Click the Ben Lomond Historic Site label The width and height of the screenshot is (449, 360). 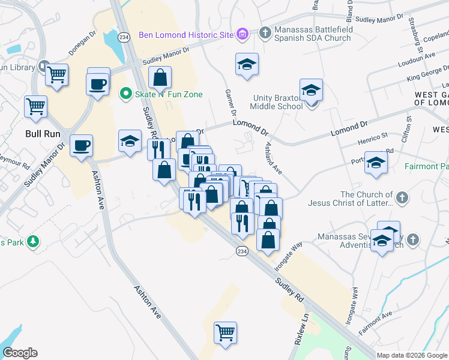pyautogui.click(x=185, y=35)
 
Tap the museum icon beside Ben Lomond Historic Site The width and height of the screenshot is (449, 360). pyautogui.click(x=242, y=34)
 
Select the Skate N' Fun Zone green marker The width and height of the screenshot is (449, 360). pyautogui.click(x=125, y=94)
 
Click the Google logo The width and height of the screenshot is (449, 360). pyautogui.click(x=20, y=353)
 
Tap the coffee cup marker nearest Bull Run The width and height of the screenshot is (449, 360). pyautogui.click(x=81, y=145)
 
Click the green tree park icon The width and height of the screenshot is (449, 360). pyautogui.click(x=34, y=242)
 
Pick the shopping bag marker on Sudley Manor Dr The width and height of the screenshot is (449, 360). pyautogui.click(x=160, y=77)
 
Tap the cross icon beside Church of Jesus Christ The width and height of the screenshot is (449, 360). pyautogui.click(x=402, y=197)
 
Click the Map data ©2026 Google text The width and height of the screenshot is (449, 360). pyautogui.click(x=411, y=355)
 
